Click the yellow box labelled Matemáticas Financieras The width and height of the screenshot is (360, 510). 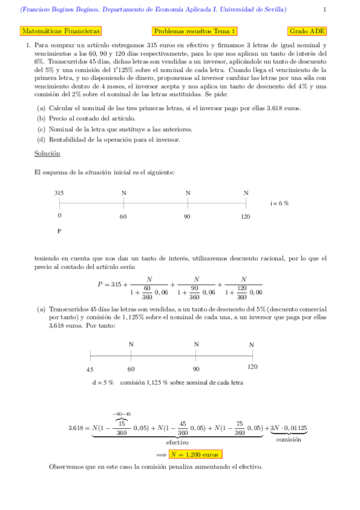coord(60,31)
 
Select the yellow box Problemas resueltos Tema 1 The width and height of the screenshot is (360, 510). coord(195,31)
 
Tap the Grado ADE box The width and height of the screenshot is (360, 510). coord(307,31)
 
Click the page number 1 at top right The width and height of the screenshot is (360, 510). coord(325,10)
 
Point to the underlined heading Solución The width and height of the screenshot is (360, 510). coord(47,154)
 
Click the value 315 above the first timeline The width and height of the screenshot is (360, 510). coord(59,193)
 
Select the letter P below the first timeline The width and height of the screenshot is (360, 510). coord(59,231)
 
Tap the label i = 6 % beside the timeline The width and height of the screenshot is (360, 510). coord(279,203)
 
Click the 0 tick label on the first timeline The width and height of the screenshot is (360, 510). coord(59,216)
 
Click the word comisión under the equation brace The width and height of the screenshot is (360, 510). coord(288,440)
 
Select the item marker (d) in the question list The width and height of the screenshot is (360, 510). coord(41,140)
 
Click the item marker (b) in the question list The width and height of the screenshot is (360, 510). coord(41,118)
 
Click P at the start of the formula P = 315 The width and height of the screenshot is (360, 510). coord(100,284)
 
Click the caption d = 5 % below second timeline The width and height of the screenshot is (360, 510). coord(103,382)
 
